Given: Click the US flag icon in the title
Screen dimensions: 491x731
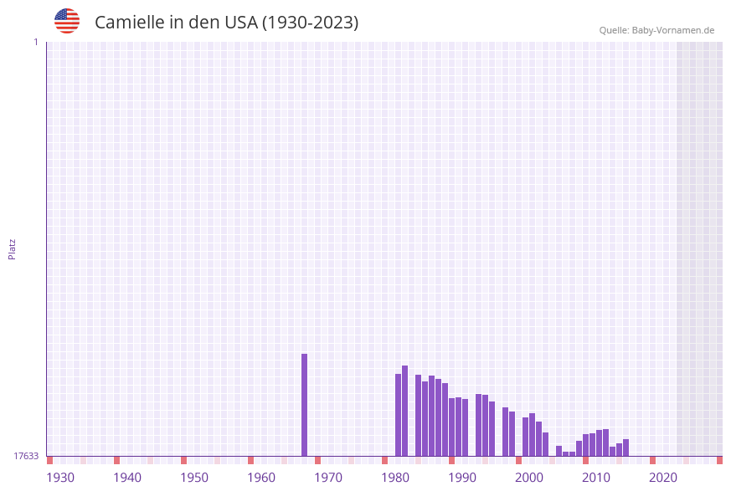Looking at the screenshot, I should (67, 21).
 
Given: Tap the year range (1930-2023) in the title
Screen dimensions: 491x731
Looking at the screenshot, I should (310, 23).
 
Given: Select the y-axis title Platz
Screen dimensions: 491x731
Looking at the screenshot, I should (13, 248).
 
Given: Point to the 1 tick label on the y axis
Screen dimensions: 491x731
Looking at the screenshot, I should (35, 42).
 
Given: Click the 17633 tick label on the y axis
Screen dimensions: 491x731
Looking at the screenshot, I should (26, 456).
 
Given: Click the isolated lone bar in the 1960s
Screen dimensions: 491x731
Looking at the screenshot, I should (304, 404).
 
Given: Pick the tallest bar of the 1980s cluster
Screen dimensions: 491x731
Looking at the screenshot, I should (404, 410).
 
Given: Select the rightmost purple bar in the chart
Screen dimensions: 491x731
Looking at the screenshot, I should (625, 448).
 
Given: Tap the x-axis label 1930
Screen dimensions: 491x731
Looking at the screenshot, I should (60, 478).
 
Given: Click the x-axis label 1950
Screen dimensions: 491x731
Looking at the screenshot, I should (194, 478).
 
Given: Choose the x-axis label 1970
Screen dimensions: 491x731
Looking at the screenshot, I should (328, 478).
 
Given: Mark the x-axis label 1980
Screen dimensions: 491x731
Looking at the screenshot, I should (395, 478).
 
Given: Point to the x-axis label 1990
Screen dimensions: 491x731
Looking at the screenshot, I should (462, 478).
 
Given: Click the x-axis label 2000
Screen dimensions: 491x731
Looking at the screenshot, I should (529, 478).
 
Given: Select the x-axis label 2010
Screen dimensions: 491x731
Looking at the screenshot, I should (596, 478).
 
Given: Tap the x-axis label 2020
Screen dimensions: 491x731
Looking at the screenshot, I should (663, 478).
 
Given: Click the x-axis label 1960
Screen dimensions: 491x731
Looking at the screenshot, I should (261, 478).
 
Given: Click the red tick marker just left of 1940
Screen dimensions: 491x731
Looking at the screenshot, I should (116, 460).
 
